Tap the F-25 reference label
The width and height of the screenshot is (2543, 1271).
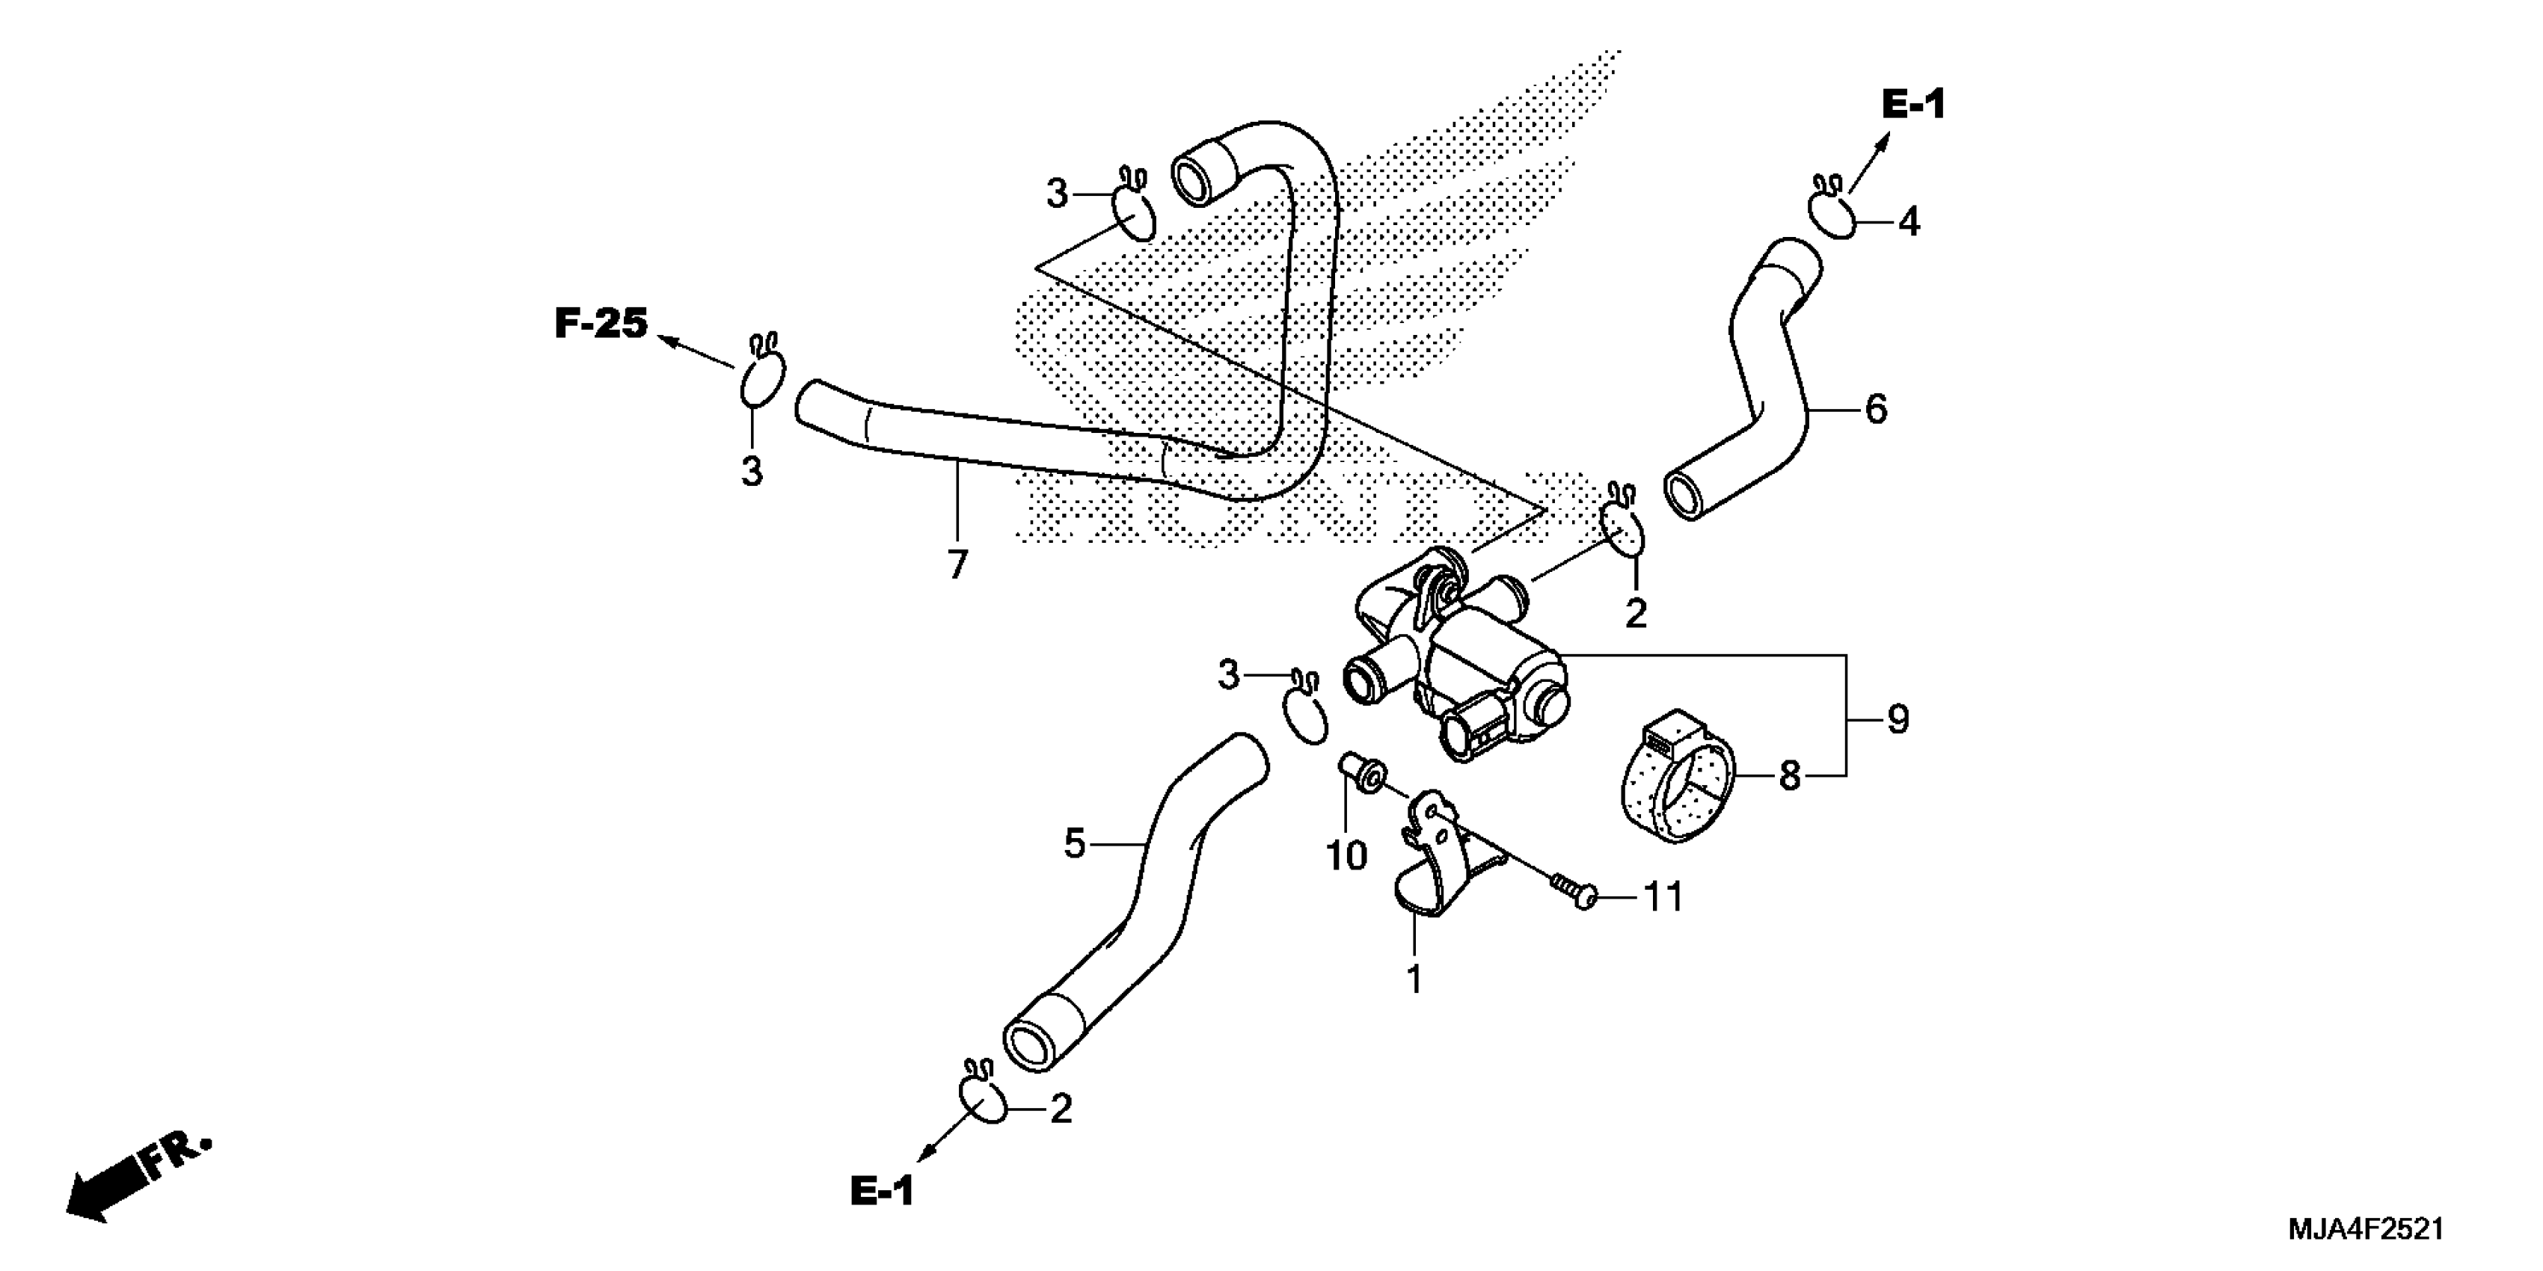click(x=601, y=324)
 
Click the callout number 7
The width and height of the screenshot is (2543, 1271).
click(x=957, y=564)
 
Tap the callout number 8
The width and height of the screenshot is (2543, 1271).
click(x=1790, y=777)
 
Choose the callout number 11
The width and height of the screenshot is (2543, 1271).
click(x=1663, y=897)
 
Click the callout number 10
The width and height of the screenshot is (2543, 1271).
click(x=1346, y=855)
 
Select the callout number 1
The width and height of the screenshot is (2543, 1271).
click(x=1414, y=979)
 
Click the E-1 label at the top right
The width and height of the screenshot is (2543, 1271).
click(x=1913, y=105)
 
